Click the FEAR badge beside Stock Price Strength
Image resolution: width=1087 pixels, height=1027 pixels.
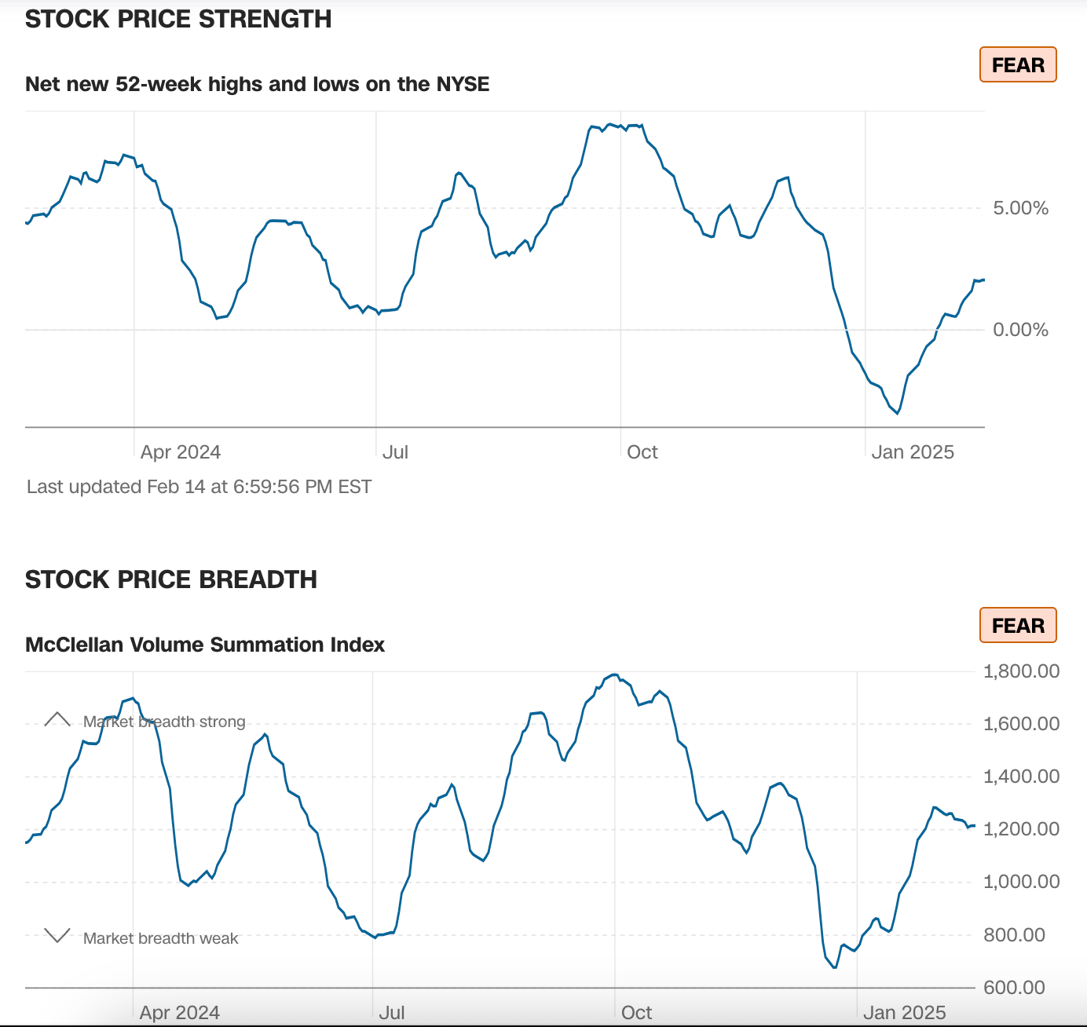(1018, 65)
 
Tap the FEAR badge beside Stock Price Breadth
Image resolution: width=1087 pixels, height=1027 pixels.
(1018, 626)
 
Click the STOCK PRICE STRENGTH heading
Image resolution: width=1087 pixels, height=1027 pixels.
(178, 19)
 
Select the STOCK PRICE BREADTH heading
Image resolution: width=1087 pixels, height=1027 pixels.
(171, 579)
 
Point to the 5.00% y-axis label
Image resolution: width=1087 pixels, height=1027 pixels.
(1020, 208)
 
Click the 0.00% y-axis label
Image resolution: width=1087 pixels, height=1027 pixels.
(1020, 330)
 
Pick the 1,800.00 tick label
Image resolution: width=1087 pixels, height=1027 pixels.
(1021, 671)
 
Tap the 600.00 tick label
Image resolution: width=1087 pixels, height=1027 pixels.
(1014, 988)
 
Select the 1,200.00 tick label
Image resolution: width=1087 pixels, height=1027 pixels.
(1021, 829)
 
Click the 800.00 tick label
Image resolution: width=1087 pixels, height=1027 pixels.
(1014, 935)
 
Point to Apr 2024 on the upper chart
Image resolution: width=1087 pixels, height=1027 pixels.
(181, 452)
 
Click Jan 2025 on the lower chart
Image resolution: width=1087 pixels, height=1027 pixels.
(904, 1013)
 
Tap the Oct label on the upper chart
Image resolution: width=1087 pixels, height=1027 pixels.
(642, 452)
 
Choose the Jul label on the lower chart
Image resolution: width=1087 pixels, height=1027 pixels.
(392, 1013)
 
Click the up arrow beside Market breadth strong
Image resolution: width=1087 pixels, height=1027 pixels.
(57, 719)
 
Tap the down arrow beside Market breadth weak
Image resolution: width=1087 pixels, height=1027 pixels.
(57, 935)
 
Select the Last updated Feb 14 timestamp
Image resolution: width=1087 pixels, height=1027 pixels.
(199, 487)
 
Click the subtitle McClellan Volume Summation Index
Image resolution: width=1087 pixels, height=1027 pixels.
(205, 645)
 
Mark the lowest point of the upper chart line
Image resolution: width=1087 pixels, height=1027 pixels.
(898, 413)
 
